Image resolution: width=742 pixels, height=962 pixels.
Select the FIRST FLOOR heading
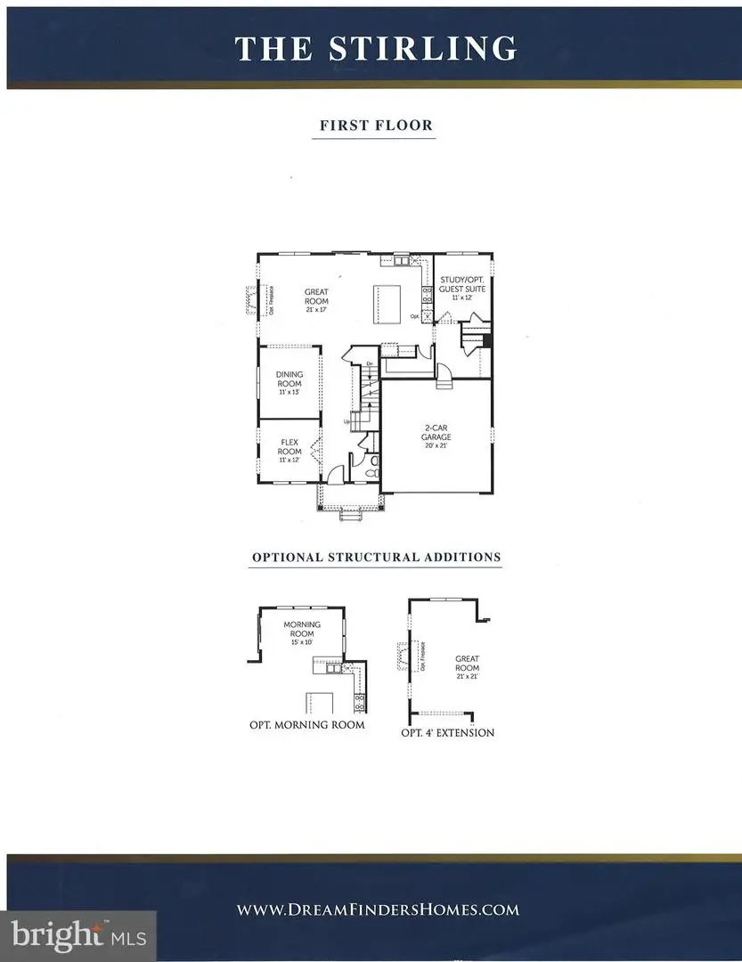(x=376, y=126)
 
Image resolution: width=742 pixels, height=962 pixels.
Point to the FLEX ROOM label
(x=290, y=446)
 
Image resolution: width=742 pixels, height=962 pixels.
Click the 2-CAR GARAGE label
(x=436, y=433)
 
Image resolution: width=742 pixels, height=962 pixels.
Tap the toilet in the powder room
(x=372, y=461)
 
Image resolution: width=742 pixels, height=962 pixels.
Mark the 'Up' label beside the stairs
(x=347, y=421)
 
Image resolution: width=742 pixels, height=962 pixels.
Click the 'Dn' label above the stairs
(x=369, y=363)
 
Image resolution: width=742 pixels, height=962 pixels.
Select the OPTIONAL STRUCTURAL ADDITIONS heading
(x=376, y=558)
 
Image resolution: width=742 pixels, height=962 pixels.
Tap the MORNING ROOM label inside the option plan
(x=301, y=629)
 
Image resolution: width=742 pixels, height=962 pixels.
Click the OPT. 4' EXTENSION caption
(x=447, y=733)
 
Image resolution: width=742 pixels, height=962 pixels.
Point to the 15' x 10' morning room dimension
(x=301, y=642)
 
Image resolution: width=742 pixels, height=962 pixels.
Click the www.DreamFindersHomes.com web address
(x=378, y=909)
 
